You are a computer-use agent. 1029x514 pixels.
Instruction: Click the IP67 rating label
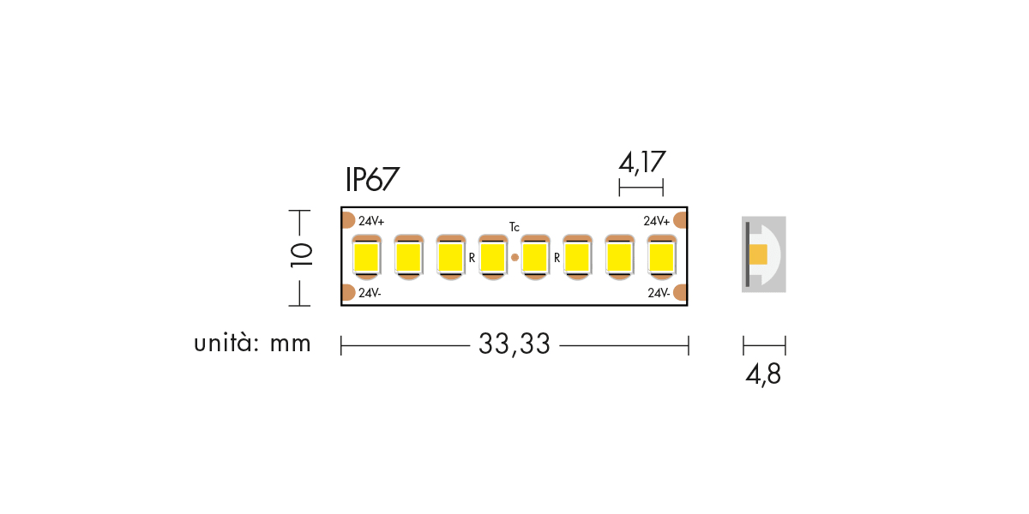pyautogui.click(x=371, y=179)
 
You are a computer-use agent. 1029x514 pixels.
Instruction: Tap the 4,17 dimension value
pyautogui.click(x=641, y=163)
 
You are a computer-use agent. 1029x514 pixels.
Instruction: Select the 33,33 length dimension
pyautogui.click(x=514, y=344)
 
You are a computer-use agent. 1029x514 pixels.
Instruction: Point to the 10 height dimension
pyautogui.click(x=301, y=255)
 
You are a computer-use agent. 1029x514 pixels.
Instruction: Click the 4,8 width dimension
pyautogui.click(x=763, y=375)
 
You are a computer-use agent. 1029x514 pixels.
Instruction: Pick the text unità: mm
pyautogui.click(x=252, y=343)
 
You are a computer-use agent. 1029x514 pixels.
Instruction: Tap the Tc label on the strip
pyautogui.click(x=514, y=227)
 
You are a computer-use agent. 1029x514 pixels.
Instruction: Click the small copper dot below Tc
pyautogui.click(x=515, y=258)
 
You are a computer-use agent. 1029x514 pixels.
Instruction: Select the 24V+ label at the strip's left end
pyautogui.click(x=371, y=221)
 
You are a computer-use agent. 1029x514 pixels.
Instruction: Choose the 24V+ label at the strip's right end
pyautogui.click(x=656, y=221)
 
